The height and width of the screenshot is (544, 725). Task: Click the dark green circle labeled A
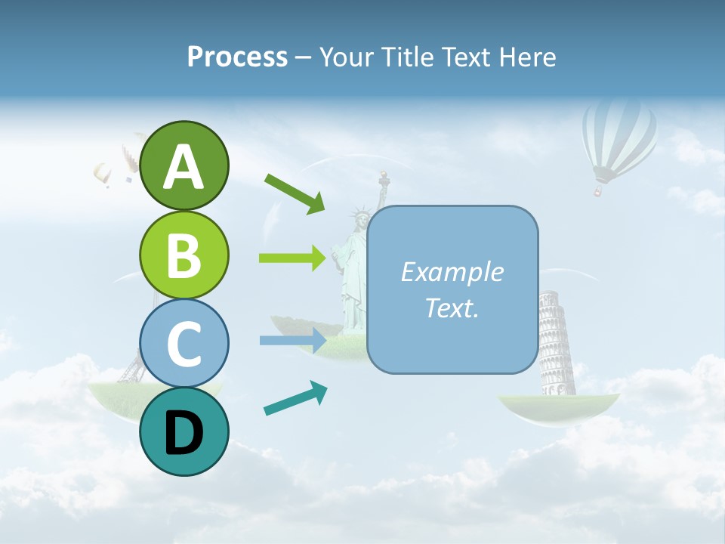(x=184, y=165)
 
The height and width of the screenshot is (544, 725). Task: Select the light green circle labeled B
(x=184, y=255)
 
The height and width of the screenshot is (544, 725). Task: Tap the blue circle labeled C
(x=184, y=343)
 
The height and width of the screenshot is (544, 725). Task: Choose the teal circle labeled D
(x=184, y=431)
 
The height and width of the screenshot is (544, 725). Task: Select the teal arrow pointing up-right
(x=295, y=399)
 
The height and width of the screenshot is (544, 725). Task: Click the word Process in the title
(x=237, y=57)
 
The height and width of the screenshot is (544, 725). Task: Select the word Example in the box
(x=452, y=272)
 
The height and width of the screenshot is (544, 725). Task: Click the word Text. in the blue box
(x=452, y=308)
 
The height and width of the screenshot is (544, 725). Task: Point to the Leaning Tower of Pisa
(x=556, y=344)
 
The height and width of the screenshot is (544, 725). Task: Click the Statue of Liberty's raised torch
(x=384, y=180)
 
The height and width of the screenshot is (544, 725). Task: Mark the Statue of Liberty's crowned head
(x=362, y=219)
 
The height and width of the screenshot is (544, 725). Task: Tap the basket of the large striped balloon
(x=598, y=192)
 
